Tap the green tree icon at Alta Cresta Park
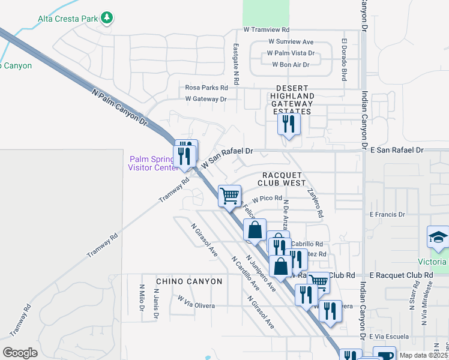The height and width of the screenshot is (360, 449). click(107, 18)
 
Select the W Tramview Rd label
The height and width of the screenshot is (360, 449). click(267, 29)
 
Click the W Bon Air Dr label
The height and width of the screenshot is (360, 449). click(291, 64)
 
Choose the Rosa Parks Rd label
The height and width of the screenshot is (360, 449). click(206, 88)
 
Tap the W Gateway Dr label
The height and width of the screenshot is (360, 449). click(206, 99)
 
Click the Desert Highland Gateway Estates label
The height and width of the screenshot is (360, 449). click(292, 103)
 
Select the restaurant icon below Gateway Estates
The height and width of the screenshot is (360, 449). click(289, 124)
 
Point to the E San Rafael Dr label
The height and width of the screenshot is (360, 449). click(397, 150)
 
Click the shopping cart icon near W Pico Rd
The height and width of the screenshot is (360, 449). click(229, 195)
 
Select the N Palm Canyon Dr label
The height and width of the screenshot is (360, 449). click(120, 108)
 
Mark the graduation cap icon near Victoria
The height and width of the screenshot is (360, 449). click(439, 238)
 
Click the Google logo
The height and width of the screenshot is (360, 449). click(20, 353)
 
